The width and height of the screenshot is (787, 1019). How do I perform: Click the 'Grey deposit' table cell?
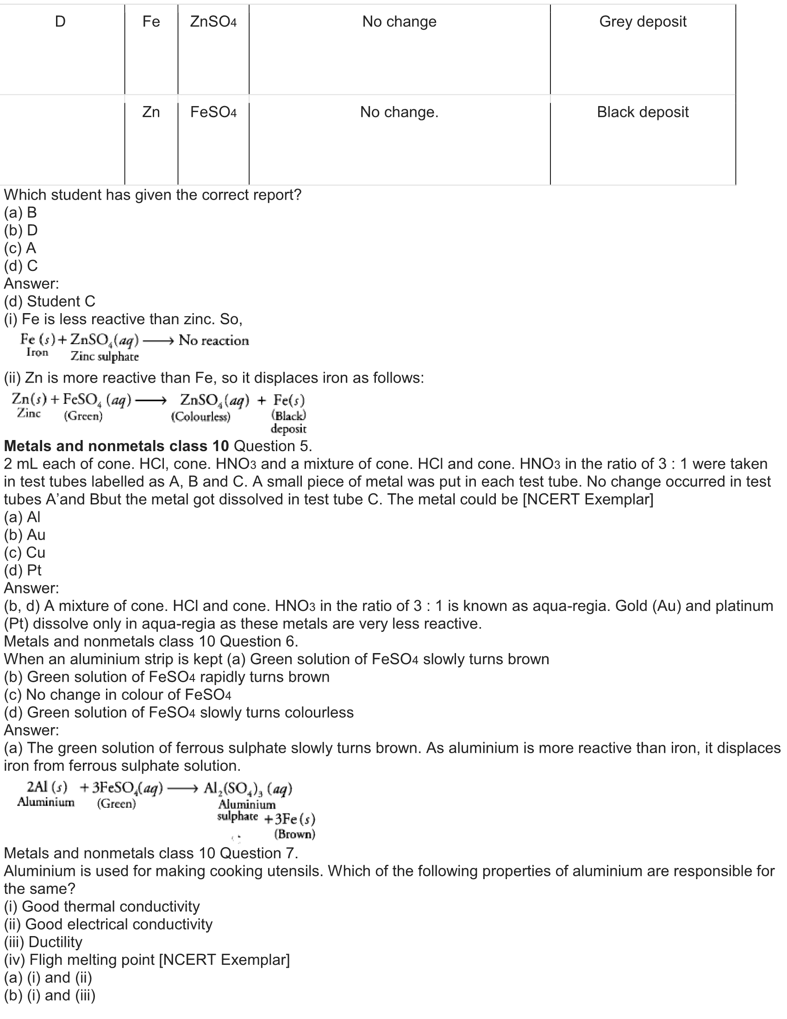(643, 21)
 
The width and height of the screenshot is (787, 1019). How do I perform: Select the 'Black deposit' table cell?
(643, 112)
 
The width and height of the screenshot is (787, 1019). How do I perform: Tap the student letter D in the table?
(60, 21)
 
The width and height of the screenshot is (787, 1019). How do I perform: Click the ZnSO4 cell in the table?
(213, 21)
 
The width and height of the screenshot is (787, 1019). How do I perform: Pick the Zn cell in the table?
(150, 112)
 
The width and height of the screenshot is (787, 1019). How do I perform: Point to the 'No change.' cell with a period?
(399, 112)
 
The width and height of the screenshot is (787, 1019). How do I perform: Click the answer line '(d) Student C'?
(50, 302)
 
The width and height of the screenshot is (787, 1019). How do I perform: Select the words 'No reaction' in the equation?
(213, 340)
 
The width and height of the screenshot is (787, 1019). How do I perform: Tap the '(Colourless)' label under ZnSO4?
(200, 417)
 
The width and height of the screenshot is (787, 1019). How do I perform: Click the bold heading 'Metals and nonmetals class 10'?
(116, 446)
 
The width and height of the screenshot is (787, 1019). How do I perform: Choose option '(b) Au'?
(24, 535)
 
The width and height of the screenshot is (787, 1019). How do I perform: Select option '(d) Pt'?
(23, 570)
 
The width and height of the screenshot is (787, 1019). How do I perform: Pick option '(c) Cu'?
(24, 553)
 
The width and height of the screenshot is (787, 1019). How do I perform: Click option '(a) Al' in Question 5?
(22, 517)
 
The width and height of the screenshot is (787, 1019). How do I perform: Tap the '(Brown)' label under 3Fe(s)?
(294, 834)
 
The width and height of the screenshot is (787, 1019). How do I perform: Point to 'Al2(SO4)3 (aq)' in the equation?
(248, 789)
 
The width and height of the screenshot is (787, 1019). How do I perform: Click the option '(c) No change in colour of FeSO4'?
(118, 695)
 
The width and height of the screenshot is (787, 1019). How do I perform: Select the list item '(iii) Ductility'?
(43, 942)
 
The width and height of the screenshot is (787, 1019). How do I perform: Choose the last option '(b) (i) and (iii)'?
(50, 995)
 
